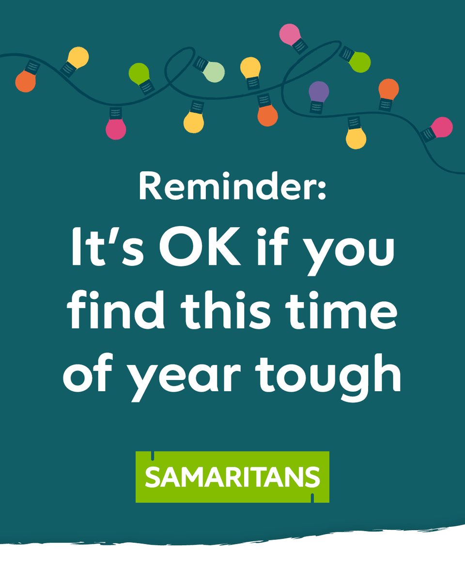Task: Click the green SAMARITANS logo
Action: pyautogui.click(x=232, y=477)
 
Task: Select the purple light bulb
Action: pyautogui.click(x=319, y=91)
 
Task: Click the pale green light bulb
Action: pyautogui.click(x=214, y=72)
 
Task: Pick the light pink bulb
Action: pyautogui.click(x=290, y=33)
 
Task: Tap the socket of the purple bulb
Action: pyautogui.click(x=316, y=106)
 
